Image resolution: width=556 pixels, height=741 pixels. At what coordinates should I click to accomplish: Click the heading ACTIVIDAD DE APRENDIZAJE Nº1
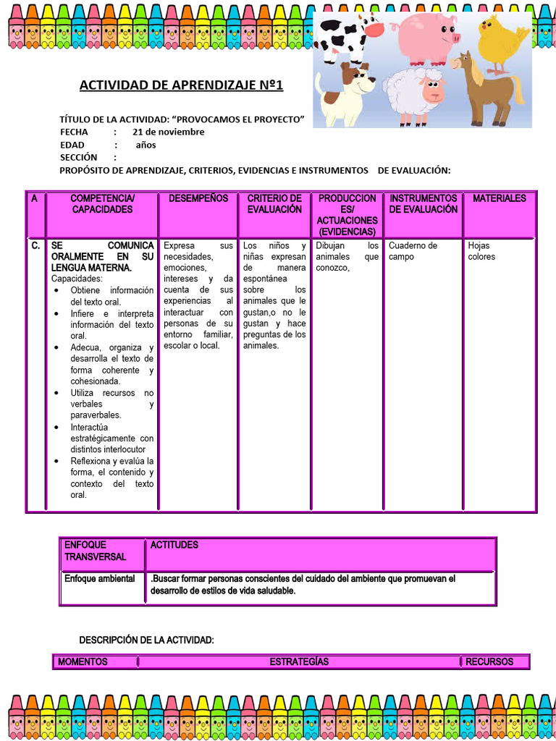pyautogui.click(x=181, y=85)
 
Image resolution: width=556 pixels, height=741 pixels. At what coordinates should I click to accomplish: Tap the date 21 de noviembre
pyautogui.click(x=168, y=132)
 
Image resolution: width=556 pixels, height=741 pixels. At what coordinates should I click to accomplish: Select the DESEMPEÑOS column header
pyautogui.click(x=198, y=198)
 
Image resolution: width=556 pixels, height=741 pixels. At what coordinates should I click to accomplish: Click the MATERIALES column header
pyautogui.click(x=500, y=198)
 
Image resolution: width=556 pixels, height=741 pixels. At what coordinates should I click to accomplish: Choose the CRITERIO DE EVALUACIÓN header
pyautogui.click(x=274, y=203)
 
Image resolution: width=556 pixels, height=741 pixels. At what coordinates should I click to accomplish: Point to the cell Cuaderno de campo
pyautogui.click(x=413, y=251)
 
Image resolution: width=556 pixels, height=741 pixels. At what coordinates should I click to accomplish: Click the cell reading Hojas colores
pyautogui.click(x=481, y=251)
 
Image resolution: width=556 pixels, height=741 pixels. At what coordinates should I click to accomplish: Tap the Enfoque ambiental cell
pyautogui.click(x=100, y=579)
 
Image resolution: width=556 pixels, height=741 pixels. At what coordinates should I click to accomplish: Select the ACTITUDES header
pyautogui.click(x=174, y=545)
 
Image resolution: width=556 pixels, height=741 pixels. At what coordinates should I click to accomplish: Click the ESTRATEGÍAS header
pyautogui.click(x=299, y=661)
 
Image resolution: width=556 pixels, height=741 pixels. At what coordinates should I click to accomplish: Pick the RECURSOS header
pyautogui.click(x=489, y=661)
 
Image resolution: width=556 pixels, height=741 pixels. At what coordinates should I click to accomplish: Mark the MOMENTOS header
pyautogui.click(x=83, y=661)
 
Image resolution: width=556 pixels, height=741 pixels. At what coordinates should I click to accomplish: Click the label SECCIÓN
pyautogui.click(x=78, y=157)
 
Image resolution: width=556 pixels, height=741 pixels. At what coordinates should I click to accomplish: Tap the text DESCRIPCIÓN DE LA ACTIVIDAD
pyautogui.click(x=146, y=640)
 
